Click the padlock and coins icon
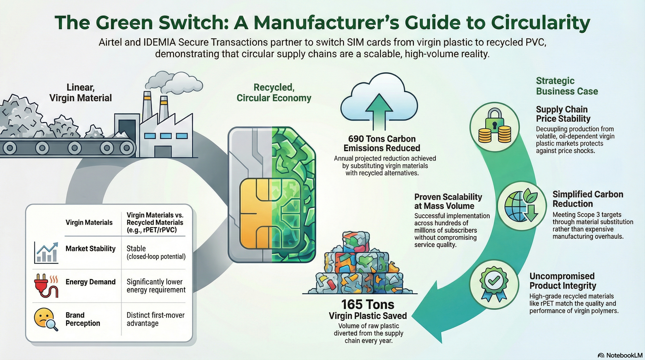494,127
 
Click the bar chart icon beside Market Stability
46,253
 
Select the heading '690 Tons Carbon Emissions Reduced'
382,143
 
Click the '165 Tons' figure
368,305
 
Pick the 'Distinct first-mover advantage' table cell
155,319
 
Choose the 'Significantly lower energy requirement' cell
156,286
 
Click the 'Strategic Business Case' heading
566,86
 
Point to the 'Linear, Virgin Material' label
81,93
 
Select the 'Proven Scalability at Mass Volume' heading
448,201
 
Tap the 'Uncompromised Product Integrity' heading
562,281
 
